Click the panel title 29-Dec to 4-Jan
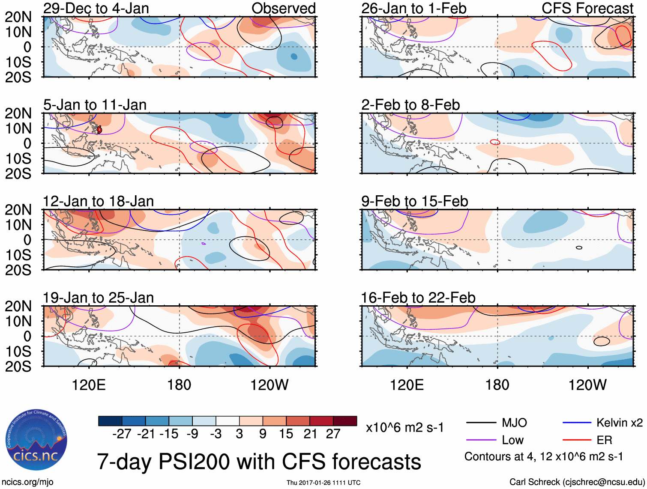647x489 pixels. [x=96, y=8]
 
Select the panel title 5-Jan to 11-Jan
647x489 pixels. [x=95, y=104]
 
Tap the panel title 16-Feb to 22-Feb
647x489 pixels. [x=418, y=298]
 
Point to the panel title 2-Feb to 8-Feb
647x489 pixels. [x=410, y=104]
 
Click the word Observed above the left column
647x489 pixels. [x=283, y=8]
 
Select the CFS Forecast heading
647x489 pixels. [x=587, y=8]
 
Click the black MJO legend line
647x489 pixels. [x=481, y=423]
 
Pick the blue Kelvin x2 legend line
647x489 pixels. [x=577, y=423]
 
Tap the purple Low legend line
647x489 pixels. [x=481, y=440]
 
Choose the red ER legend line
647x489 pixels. [x=577, y=440]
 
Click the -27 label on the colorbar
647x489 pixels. [x=122, y=434]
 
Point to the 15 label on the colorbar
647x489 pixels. [x=286, y=434]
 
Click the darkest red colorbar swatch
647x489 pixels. [x=345, y=421]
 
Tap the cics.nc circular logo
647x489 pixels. [x=36, y=441]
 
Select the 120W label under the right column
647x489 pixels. [x=587, y=385]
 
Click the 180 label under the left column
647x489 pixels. [x=179, y=385]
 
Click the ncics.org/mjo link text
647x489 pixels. [x=27, y=482]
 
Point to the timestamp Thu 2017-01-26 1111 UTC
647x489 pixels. [x=323, y=483]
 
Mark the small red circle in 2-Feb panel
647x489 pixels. [x=495, y=142]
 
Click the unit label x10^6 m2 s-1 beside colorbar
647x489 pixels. [x=404, y=427]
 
